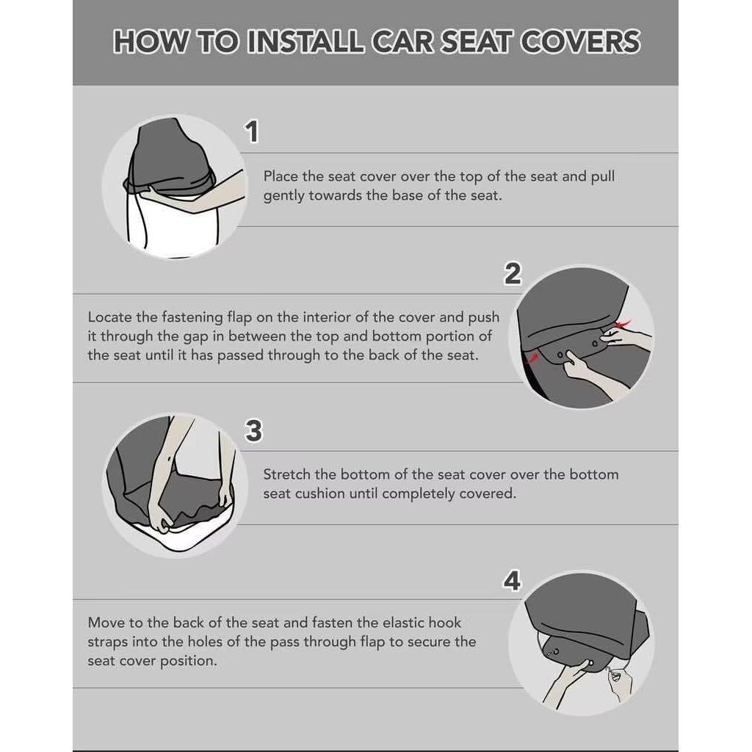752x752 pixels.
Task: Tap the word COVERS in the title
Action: pos(580,42)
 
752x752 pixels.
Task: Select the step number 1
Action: pos(252,132)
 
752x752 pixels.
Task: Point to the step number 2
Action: pos(512,274)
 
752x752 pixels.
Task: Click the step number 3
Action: pos(253,431)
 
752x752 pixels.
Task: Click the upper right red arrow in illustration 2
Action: pos(623,324)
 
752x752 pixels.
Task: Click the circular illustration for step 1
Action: pos(174,187)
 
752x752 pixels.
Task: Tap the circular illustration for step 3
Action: pos(174,485)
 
